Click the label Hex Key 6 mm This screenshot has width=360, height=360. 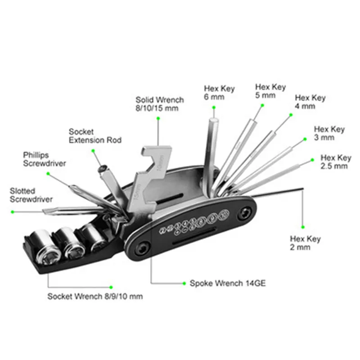219,93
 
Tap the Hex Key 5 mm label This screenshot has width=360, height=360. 270,91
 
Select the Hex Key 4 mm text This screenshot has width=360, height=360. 310,102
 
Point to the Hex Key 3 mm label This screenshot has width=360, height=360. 329,133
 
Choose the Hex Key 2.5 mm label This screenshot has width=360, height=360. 335,162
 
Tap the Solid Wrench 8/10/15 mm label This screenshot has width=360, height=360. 160,104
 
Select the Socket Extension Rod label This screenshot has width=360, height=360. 95,136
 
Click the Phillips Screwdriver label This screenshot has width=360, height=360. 45,159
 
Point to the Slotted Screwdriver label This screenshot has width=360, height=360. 31,195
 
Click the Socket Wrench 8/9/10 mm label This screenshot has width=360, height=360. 95,297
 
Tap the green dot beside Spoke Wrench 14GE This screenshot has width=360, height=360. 184,283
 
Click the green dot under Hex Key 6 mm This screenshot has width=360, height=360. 214,107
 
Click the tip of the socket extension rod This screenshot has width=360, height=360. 103,168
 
